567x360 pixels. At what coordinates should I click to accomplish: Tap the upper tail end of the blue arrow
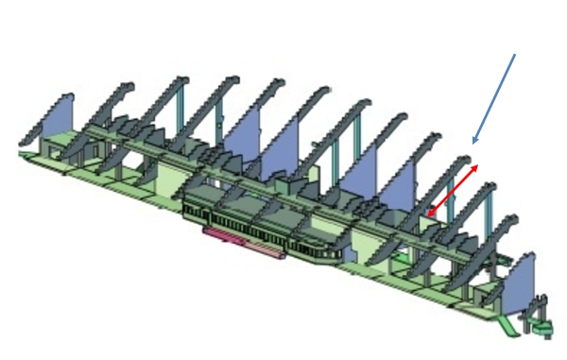pos(515,54)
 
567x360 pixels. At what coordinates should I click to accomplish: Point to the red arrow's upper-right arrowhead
pos(477,164)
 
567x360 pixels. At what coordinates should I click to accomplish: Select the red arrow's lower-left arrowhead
pos(428,216)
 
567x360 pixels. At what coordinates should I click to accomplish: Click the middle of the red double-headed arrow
pos(453,190)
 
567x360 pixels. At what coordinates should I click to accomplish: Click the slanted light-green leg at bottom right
pos(505,325)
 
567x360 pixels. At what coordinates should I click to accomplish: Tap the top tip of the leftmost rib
pos(70,94)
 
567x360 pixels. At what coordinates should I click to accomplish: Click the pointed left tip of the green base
pos(22,151)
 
